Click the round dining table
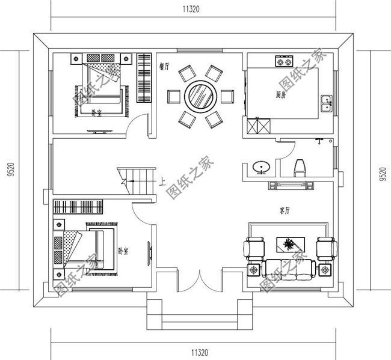click(x=200, y=96)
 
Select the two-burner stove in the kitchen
click(x=284, y=61)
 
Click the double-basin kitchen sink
click(x=326, y=103)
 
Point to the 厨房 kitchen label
click(x=281, y=94)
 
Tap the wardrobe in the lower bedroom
click(x=79, y=207)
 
